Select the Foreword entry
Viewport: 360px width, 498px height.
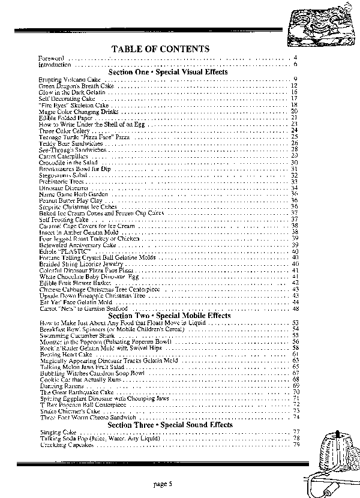click(x=49, y=58)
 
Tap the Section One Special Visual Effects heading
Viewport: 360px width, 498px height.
click(x=168, y=72)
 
